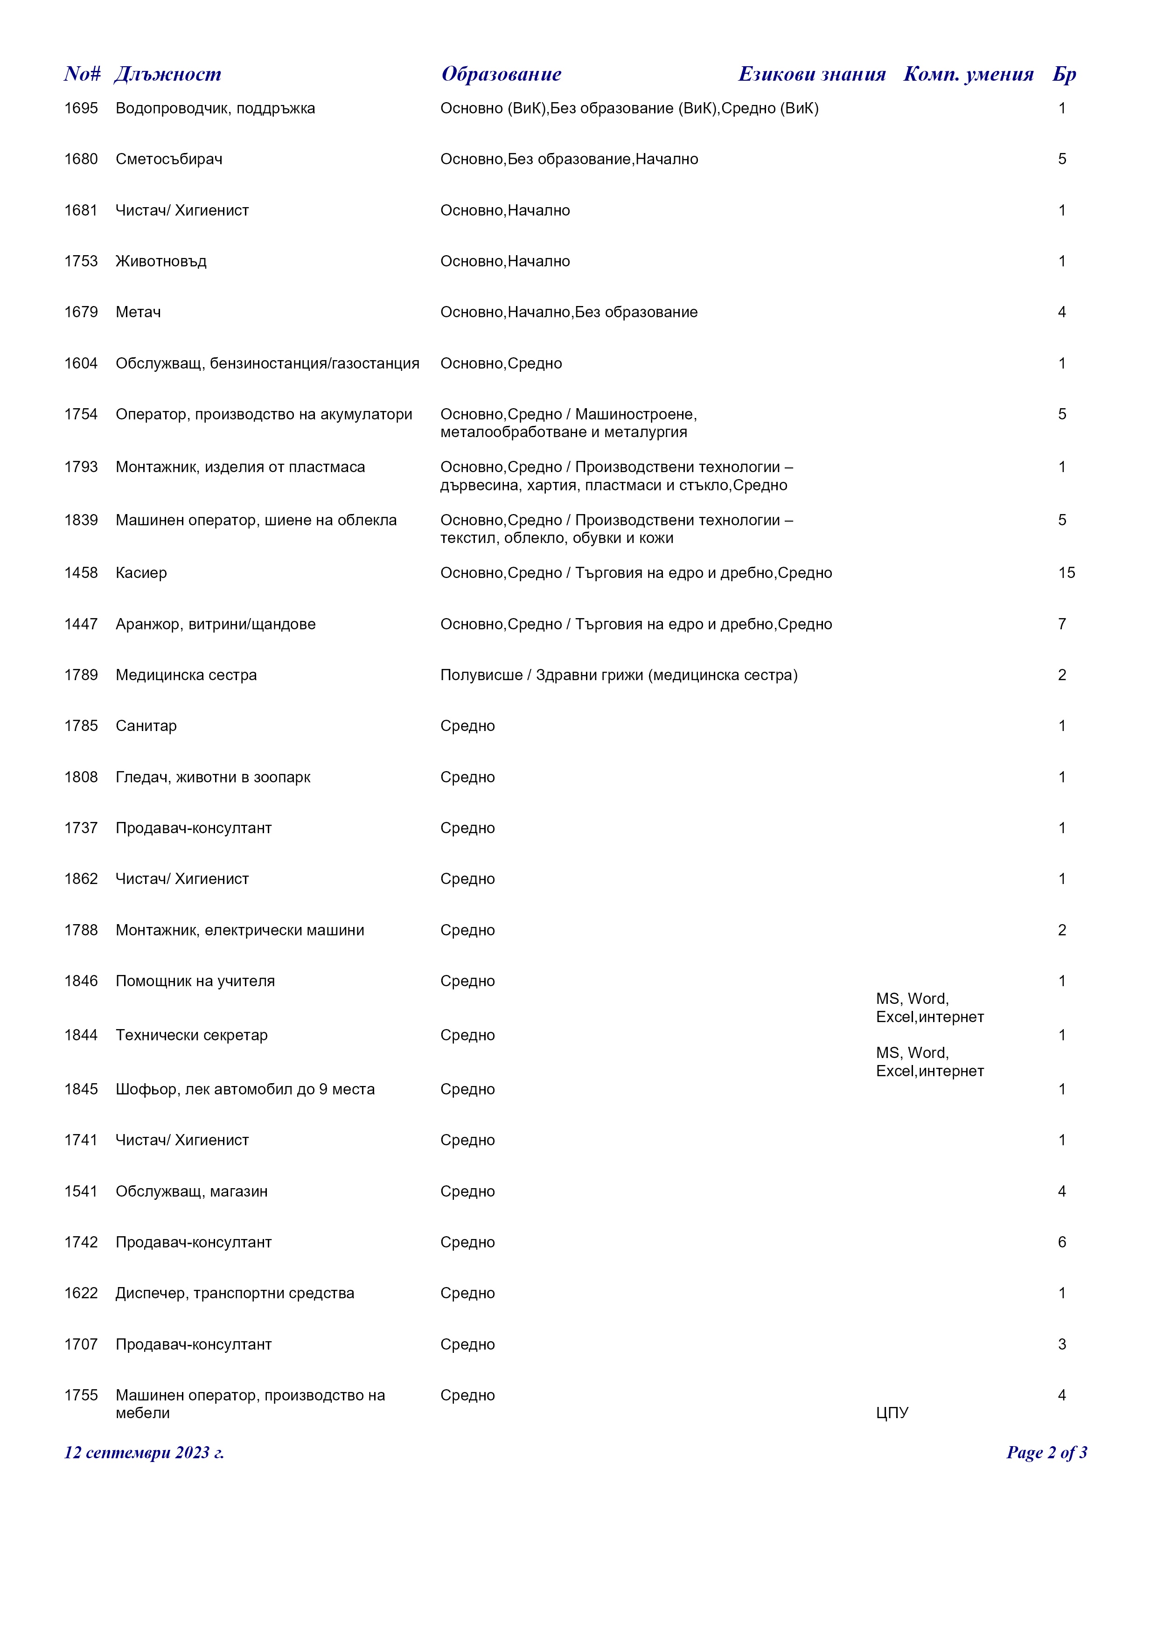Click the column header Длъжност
click(167, 74)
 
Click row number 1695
click(81, 108)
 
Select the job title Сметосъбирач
click(169, 159)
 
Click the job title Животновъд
click(161, 262)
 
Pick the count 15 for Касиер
click(1066, 573)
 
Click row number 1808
click(81, 777)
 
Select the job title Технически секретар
click(192, 1035)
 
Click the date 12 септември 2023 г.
click(144, 1453)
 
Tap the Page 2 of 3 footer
click(1046, 1453)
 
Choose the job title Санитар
click(146, 726)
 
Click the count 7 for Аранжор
click(1061, 624)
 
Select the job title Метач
click(138, 312)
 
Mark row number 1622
click(81, 1293)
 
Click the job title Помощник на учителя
click(195, 981)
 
